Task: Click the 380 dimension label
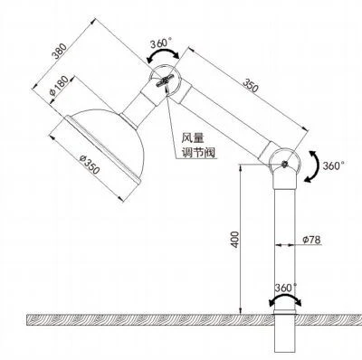(x=59, y=51)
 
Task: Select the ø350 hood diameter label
(x=90, y=165)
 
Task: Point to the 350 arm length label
(x=251, y=85)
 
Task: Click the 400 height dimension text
(x=235, y=240)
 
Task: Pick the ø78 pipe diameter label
(x=311, y=240)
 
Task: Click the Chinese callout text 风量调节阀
(x=198, y=146)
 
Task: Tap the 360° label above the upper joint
(x=161, y=43)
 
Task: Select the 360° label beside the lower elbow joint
(x=333, y=166)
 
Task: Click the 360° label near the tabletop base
(x=285, y=288)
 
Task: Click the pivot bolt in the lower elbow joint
(x=284, y=164)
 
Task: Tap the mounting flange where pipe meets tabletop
(x=285, y=312)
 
